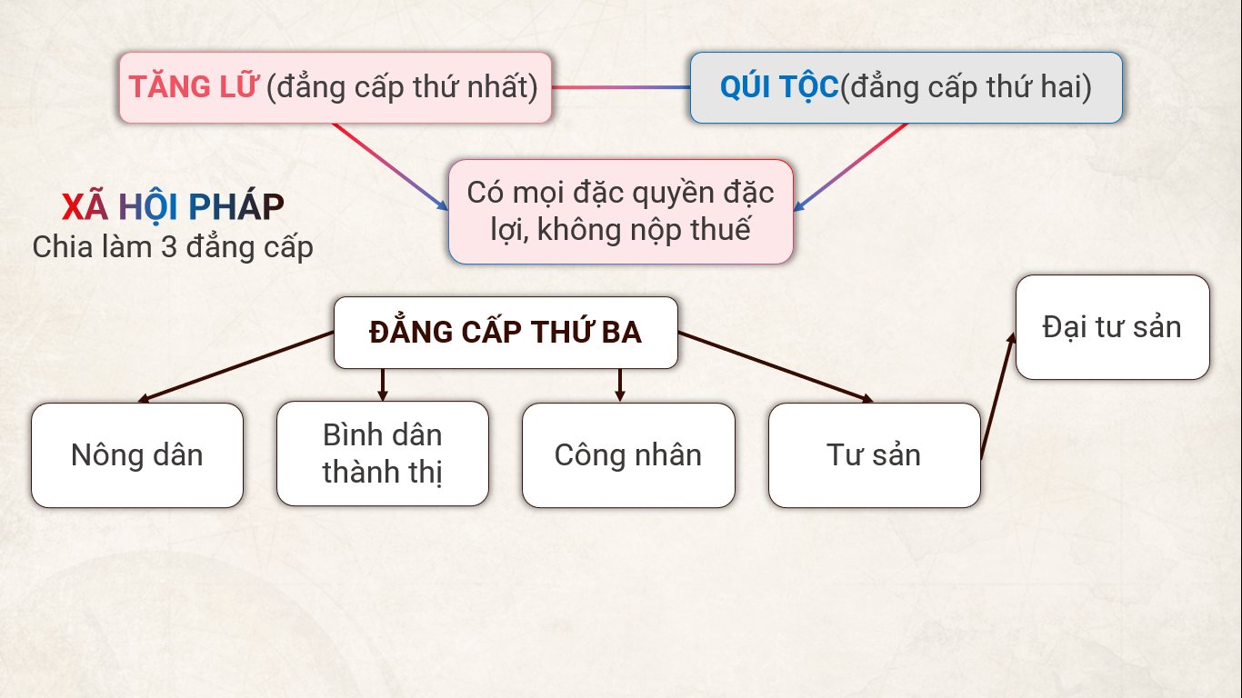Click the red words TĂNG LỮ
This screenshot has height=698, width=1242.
tap(193, 86)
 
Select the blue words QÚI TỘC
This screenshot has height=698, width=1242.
tap(779, 87)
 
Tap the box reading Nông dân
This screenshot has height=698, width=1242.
tap(137, 455)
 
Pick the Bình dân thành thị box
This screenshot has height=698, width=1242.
tap(383, 454)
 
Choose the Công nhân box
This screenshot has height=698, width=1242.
tap(628, 455)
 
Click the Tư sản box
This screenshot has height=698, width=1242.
tap(875, 455)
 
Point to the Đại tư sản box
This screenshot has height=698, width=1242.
tap(1112, 327)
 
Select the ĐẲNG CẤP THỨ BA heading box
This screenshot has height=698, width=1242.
tap(506, 333)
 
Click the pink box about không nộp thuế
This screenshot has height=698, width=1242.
tap(621, 212)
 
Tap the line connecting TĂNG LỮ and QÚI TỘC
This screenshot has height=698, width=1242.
tap(621, 87)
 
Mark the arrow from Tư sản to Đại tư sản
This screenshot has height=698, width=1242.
tap(997, 395)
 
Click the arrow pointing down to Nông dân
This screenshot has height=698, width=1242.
tap(235, 367)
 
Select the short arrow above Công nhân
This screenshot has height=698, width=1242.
tap(620, 384)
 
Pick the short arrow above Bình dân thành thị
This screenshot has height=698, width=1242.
tap(382, 384)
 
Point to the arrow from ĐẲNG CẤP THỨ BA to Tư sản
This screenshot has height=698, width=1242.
tap(776, 367)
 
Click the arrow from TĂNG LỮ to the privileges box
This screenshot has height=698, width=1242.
tap(390, 167)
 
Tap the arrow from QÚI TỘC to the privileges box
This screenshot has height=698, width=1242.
tap(850, 167)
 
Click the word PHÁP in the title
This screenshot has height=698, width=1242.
tap(236, 207)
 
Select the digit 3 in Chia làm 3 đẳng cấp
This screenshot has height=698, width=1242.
tap(168, 247)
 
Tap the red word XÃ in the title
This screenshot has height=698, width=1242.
tap(85, 207)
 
